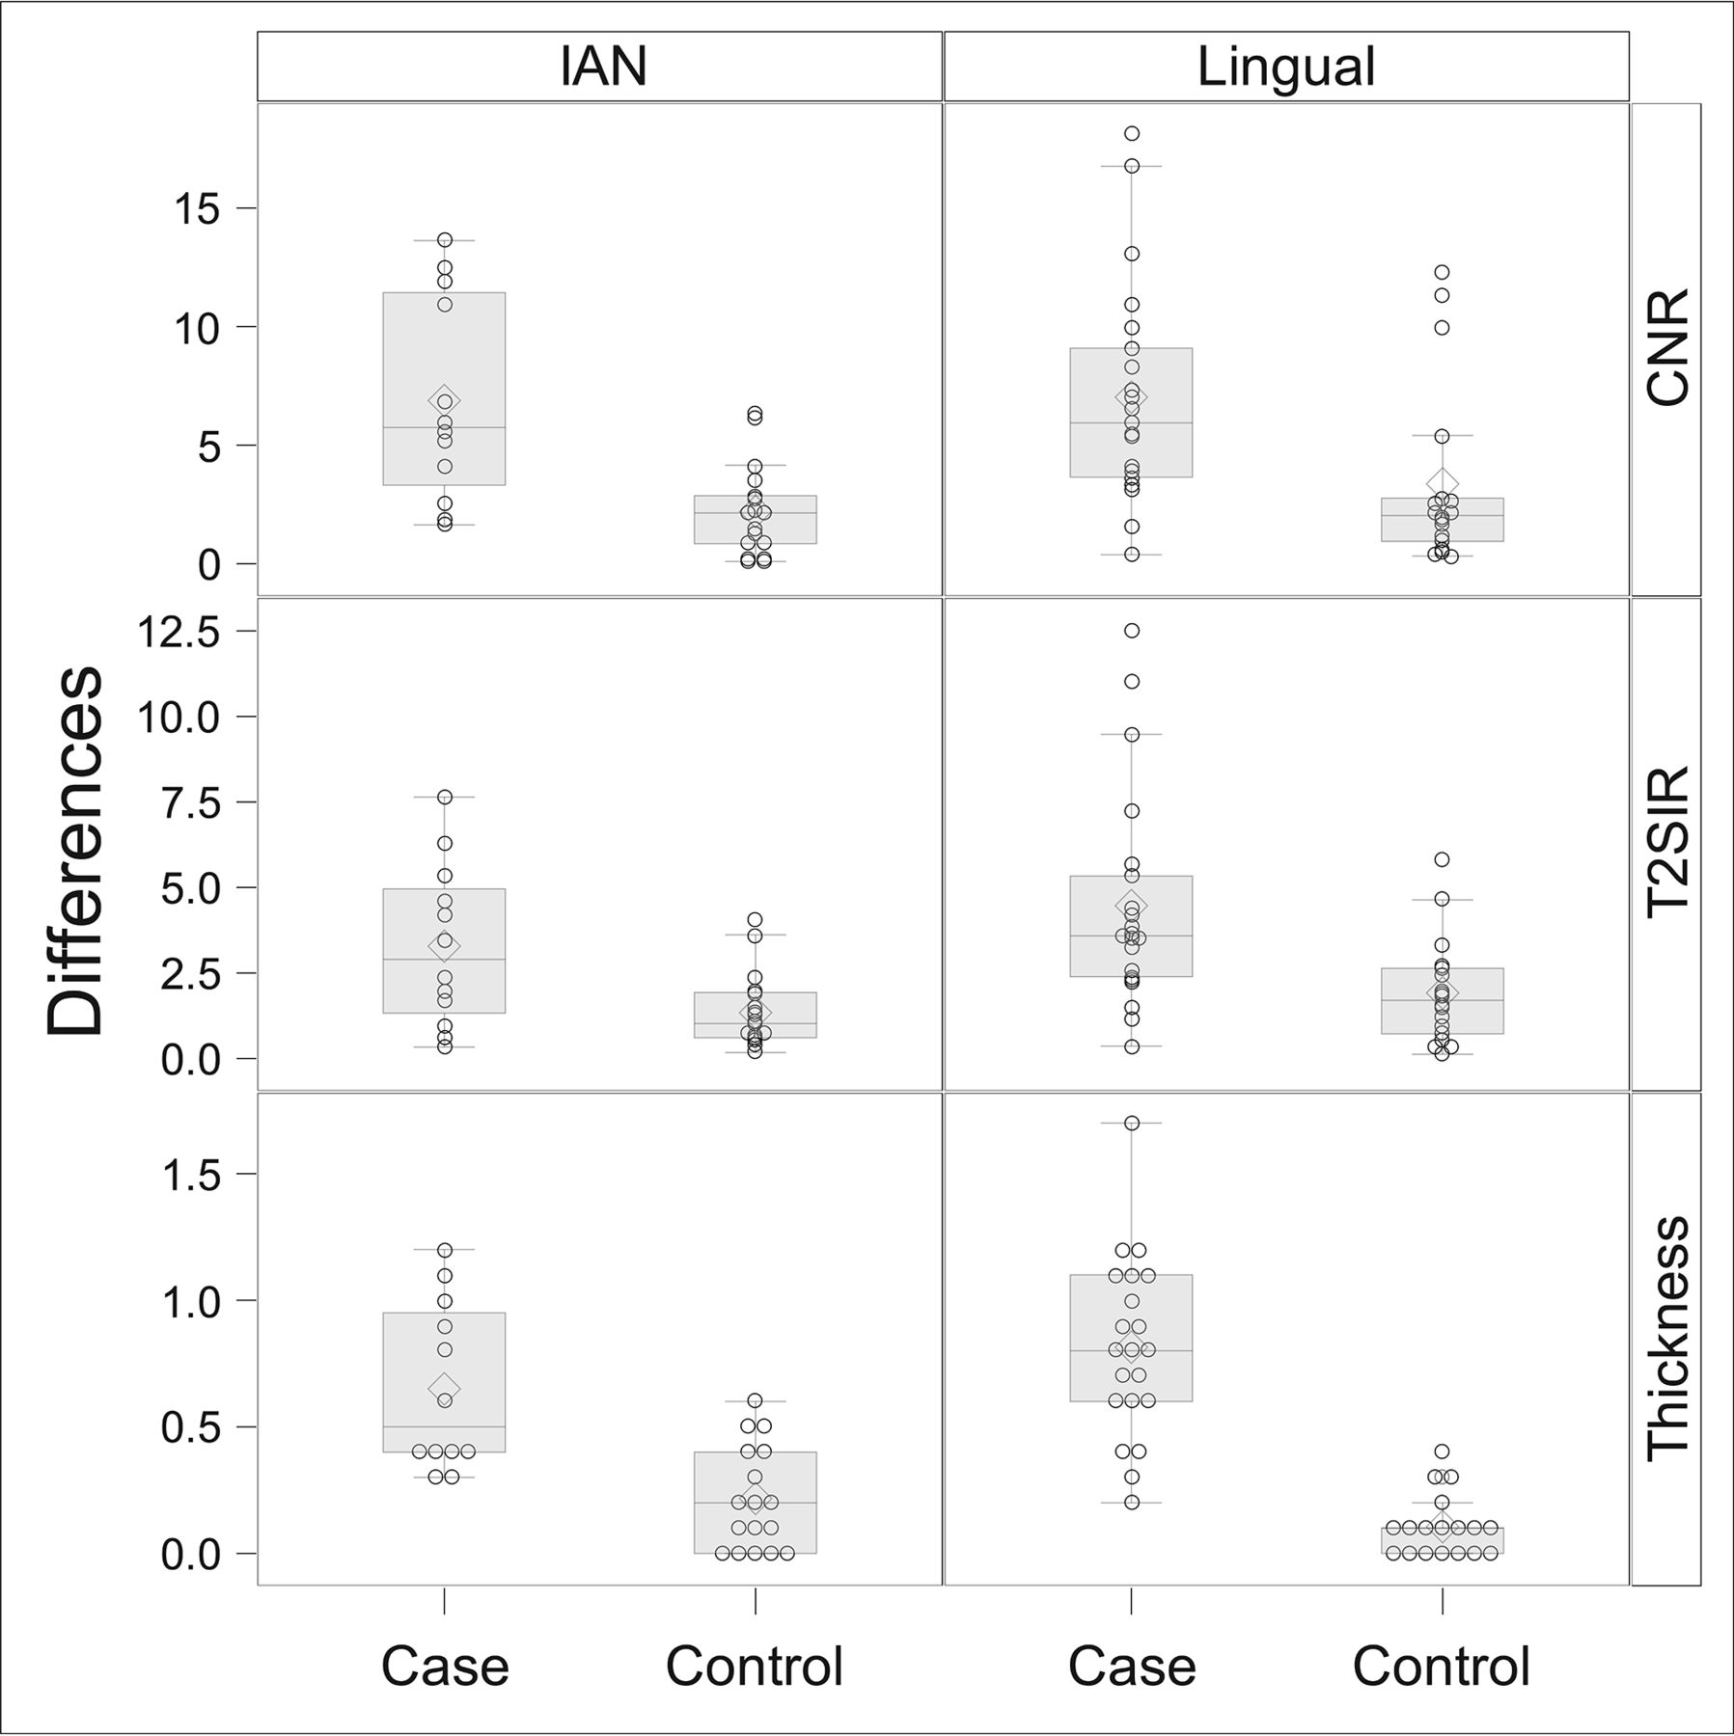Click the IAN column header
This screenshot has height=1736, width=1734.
coord(602,67)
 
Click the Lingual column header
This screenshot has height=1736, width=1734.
coord(1285,67)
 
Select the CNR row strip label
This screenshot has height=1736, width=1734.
coord(1666,347)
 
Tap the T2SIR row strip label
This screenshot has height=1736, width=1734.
coord(1666,844)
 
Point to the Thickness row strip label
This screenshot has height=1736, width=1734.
coord(1666,1339)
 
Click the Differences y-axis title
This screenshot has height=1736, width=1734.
coord(74,851)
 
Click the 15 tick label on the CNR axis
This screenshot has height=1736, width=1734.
coord(195,209)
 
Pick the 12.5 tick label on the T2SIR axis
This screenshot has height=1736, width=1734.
coord(179,632)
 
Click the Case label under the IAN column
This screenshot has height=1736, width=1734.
coord(445,1666)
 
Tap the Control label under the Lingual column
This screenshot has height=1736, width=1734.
coord(1441,1666)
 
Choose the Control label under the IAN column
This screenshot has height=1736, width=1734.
coord(755,1666)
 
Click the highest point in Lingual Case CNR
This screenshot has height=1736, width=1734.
coord(1132,133)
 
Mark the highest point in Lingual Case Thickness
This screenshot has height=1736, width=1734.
coord(1132,1123)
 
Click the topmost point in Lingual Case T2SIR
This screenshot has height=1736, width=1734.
coord(1132,631)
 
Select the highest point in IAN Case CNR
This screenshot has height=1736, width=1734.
coord(445,239)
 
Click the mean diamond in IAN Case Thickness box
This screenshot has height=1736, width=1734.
coord(445,1387)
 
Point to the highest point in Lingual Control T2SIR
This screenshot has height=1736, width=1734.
coord(1442,859)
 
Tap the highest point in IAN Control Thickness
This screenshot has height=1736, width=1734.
coord(755,1400)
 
